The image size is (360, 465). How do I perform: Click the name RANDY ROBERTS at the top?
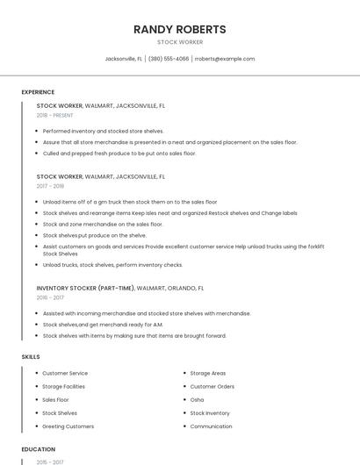tap(180, 29)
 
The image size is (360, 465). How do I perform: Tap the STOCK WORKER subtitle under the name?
tap(180, 42)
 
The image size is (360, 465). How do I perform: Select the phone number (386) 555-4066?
tap(169, 59)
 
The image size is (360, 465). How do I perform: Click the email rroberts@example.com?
tap(225, 59)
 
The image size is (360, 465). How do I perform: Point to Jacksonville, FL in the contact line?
tap(124, 59)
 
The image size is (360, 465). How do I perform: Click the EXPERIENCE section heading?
tap(38, 92)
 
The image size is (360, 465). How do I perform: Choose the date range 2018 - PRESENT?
tap(54, 115)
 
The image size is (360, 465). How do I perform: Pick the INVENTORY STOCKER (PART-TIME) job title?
tap(86, 288)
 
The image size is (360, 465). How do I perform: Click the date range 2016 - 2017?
tap(50, 297)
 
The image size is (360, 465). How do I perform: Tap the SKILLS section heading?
tap(31, 357)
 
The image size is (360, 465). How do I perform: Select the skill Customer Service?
tap(65, 373)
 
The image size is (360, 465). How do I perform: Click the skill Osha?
tap(197, 399)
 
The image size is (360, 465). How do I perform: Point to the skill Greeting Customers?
tap(68, 426)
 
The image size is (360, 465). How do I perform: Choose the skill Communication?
tap(211, 426)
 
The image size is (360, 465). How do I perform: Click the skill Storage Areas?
tap(208, 373)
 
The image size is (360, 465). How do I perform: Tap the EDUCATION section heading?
tap(39, 449)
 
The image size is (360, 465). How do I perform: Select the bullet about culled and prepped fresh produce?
tap(119, 153)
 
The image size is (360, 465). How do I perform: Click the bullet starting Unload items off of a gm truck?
tap(129, 202)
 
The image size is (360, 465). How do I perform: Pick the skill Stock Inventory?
tap(210, 412)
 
